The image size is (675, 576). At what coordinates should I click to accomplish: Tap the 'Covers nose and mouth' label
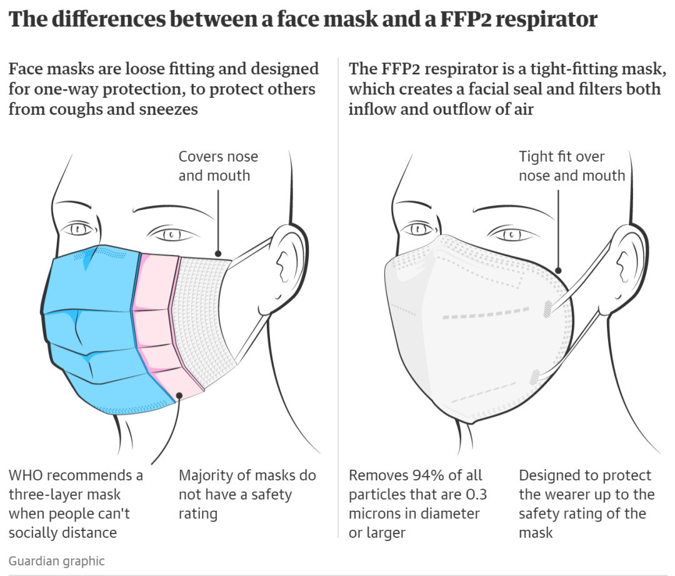tap(218, 166)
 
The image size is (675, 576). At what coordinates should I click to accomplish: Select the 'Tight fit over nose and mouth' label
tap(571, 166)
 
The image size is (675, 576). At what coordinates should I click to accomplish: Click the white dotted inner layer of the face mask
tap(203, 312)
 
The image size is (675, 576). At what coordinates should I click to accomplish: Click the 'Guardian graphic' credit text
tap(56, 560)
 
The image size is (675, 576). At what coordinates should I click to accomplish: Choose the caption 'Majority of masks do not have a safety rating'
tap(247, 494)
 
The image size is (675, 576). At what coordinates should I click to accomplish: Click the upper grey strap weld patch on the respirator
tap(547, 308)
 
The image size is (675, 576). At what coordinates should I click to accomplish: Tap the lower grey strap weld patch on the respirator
tap(535, 376)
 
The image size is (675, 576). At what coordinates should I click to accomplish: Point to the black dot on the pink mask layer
tap(179, 395)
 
